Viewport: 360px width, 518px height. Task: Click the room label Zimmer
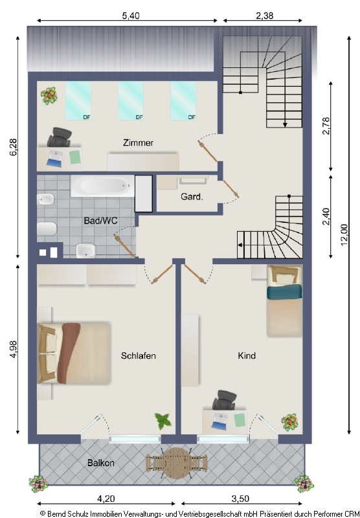pyautogui.click(x=138, y=142)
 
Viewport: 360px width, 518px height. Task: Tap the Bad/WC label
pyautogui.click(x=100, y=221)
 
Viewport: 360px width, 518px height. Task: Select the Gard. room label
pyautogui.click(x=192, y=197)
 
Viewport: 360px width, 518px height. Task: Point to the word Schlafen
pyautogui.click(x=138, y=355)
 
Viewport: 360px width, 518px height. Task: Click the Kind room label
pyautogui.click(x=247, y=355)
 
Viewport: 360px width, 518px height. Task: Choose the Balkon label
pyautogui.click(x=101, y=463)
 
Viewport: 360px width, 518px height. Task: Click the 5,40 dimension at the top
pyautogui.click(x=131, y=16)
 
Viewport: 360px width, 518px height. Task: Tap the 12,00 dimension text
pyautogui.click(x=344, y=235)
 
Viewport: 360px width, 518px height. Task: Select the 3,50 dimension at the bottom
pyautogui.click(x=240, y=499)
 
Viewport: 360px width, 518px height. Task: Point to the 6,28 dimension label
pyautogui.click(x=13, y=147)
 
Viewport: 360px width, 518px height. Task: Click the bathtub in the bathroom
pyautogui.click(x=103, y=186)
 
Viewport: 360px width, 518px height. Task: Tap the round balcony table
pyautogui.click(x=177, y=462)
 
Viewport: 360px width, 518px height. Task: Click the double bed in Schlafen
pyautogui.click(x=74, y=354)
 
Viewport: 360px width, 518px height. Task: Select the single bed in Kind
pyautogui.click(x=284, y=300)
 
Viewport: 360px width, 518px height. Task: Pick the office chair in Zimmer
pyautogui.click(x=60, y=137)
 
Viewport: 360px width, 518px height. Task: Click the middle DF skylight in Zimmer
pyautogui.click(x=131, y=101)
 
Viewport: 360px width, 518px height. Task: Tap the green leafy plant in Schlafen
pyautogui.click(x=163, y=422)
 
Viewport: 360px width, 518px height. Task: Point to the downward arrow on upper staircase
pyautogui.click(x=285, y=124)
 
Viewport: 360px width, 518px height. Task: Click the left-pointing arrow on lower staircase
pyautogui.click(x=240, y=245)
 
